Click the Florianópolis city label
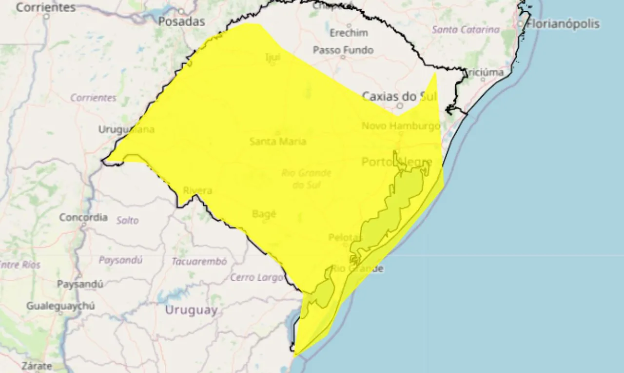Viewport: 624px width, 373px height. (563, 23)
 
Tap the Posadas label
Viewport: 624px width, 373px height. (181, 21)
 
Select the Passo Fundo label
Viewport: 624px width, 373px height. (343, 50)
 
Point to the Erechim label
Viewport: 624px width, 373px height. (349, 33)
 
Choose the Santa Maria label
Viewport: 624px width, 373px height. (278, 142)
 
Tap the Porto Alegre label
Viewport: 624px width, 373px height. (397, 162)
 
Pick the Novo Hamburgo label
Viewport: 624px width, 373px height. (401, 126)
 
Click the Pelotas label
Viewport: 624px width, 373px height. (345, 238)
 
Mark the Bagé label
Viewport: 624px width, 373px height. (264, 213)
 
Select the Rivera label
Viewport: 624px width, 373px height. (197, 190)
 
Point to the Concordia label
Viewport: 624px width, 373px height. (83, 217)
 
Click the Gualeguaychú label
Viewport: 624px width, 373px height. (60, 306)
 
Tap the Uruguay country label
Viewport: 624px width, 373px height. (191, 310)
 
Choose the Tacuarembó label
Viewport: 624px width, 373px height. (199, 262)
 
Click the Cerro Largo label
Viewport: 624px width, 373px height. (256, 278)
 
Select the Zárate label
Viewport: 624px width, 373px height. (37, 366)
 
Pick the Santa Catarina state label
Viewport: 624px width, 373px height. (466, 30)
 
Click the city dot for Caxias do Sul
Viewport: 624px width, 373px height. (400, 105)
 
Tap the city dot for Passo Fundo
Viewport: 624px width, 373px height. (343, 57)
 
